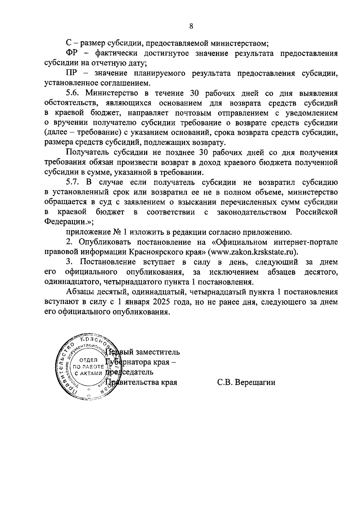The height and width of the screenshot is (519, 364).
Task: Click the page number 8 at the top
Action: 191,26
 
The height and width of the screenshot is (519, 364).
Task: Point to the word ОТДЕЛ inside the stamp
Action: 88,360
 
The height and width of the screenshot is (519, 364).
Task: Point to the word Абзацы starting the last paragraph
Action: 80,292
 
